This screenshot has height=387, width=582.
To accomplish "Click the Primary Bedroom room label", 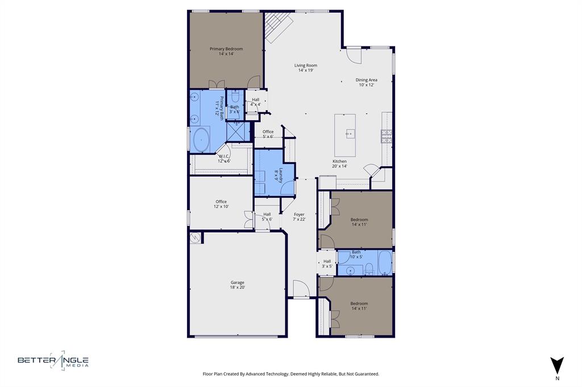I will (226, 51).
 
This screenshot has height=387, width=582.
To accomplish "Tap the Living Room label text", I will (306, 68).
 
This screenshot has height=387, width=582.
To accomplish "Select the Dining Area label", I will (367, 82).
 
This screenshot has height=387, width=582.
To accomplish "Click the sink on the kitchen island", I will (350, 134).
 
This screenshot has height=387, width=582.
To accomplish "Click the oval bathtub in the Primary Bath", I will (201, 140).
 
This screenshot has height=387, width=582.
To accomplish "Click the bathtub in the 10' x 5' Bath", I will (385, 263).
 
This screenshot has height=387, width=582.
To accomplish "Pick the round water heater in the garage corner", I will (196, 238).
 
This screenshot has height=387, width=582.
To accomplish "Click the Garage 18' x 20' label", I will (237, 285).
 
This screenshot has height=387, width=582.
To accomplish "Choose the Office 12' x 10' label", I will (221, 204).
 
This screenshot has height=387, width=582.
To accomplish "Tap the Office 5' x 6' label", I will (268, 134).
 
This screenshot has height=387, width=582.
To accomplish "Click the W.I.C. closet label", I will (224, 159).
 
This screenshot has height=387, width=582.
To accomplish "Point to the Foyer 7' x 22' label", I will (299, 217).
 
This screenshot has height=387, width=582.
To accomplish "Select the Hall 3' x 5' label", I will (327, 264).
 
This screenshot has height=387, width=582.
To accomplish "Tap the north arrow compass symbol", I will (557, 365).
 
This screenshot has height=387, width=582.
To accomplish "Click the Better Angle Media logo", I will (53, 361).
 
